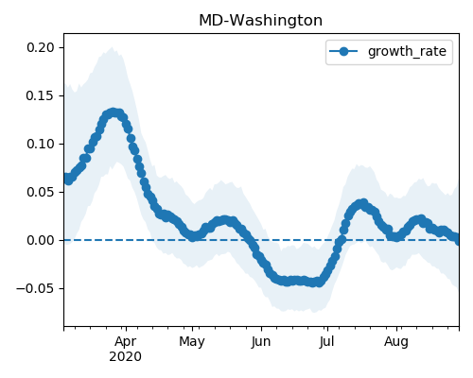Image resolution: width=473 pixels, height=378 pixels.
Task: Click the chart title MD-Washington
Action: coord(260,21)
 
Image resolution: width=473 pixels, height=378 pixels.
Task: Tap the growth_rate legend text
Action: coord(407,51)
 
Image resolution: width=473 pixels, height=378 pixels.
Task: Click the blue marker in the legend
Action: coord(343,51)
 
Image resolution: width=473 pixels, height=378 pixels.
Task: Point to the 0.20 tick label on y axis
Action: coord(41,47)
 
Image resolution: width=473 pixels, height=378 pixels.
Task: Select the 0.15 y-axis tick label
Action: coord(41,95)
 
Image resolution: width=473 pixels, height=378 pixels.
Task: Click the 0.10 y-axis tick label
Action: coord(41,144)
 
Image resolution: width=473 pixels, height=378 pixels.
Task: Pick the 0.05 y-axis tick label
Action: coord(41,192)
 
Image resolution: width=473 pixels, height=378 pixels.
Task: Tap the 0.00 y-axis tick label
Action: coord(41,240)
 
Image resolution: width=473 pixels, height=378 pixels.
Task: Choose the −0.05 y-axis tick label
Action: coord(35,288)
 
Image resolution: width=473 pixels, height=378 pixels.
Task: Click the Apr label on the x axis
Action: coord(126,341)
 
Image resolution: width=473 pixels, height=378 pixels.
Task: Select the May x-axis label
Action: coord(192,341)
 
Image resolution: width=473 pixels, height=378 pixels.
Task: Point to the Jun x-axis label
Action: coord(261,341)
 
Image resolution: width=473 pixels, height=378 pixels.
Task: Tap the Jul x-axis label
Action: coord(327,341)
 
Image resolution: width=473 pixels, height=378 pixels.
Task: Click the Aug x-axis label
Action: coord(396,341)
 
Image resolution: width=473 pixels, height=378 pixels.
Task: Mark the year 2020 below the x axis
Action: coord(126,357)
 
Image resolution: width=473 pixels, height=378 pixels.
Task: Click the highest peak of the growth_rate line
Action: coord(113,112)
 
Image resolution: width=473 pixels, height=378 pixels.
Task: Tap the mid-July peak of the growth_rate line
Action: coord(363,202)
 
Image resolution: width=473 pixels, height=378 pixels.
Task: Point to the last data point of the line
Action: coord(458,241)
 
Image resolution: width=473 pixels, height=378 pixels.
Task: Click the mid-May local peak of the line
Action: coord(224,220)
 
